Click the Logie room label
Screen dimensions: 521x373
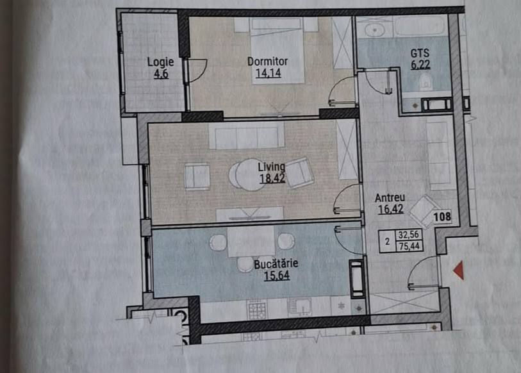pyautogui.click(x=160, y=62)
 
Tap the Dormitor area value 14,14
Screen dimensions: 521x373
pyautogui.click(x=268, y=73)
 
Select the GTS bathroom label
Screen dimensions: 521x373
pyautogui.click(x=420, y=53)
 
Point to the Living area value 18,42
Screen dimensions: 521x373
pyautogui.click(x=272, y=178)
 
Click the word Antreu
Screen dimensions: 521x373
pyautogui.click(x=390, y=198)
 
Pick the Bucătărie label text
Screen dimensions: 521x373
pyautogui.click(x=276, y=264)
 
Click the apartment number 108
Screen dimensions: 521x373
pyautogui.click(x=442, y=217)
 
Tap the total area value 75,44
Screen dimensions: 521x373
pyautogui.click(x=409, y=246)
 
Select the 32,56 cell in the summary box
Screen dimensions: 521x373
pyautogui.click(x=409, y=235)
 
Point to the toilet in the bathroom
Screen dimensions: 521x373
pyautogui.click(x=426, y=82)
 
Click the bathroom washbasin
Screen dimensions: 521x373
pyautogui.click(x=374, y=30)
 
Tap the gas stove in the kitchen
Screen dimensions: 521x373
pyautogui.click(x=256, y=310)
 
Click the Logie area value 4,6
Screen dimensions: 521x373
pyautogui.click(x=161, y=74)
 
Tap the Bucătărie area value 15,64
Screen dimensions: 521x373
pyautogui.click(x=277, y=276)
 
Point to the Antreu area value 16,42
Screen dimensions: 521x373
pyautogui.click(x=391, y=209)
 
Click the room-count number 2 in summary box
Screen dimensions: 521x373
pyautogui.click(x=387, y=242)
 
